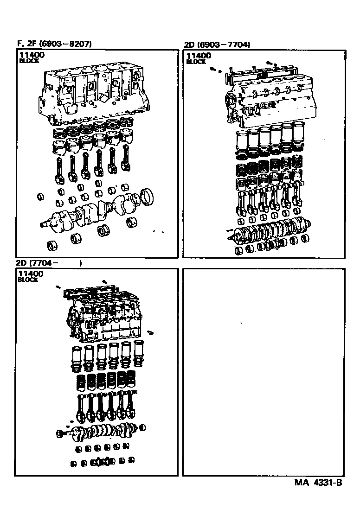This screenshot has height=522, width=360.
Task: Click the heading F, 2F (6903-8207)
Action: tap(54, 44)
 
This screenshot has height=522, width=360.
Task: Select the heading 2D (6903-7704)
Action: tap(218, 45)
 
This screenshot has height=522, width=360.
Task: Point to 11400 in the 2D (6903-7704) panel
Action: tap(198, 56)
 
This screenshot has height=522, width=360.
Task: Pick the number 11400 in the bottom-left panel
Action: tap(31, 274)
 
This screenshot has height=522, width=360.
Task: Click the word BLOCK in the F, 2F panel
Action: tap(28, 61)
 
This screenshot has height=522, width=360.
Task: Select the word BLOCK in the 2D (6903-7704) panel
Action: tap(196, 62)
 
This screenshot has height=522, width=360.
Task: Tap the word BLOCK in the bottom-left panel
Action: tap(28, 280)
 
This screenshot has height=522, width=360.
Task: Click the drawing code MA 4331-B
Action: tap(318, 483)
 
